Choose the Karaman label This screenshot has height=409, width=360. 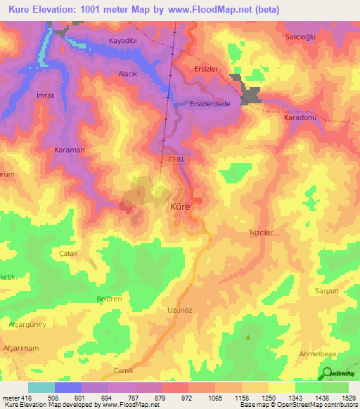69,150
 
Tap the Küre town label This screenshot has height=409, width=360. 180,207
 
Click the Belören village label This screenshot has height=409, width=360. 110,299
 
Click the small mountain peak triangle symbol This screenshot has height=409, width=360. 247,337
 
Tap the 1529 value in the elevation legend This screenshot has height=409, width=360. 349,398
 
